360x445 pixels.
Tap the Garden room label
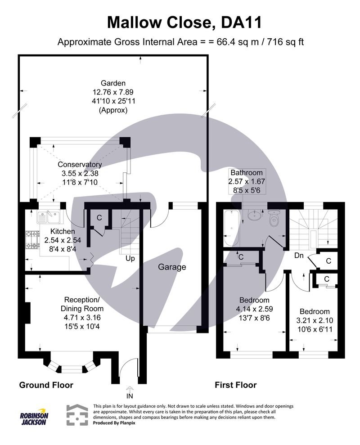[x=113, y=83]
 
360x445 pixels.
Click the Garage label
[x=172, y=267]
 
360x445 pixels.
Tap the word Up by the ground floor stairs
[x=130, y=259]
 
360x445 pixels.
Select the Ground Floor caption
[x=45, y=385]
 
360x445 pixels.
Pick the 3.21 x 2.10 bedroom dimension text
[x=315, y=320]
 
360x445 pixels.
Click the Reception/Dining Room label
[x=84, y=304]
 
